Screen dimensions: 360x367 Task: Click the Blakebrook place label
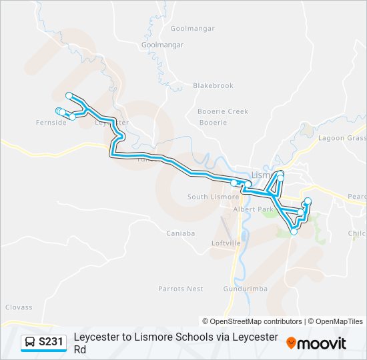pos(213,85)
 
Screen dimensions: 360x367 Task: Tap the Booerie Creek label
pos(223,111)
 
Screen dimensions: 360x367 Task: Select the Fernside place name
pos(51,123)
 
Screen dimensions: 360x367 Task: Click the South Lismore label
pos(213,197)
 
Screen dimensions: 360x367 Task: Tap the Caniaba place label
pos(181,233)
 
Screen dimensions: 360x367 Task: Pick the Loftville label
pos(226,243)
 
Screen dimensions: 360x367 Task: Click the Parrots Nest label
pos(180,289)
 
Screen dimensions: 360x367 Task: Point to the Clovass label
pos(19,307)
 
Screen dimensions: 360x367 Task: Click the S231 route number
pos(51,342)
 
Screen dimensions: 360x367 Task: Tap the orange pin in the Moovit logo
pos(291,343)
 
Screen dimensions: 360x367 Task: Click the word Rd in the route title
pos(80,349)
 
